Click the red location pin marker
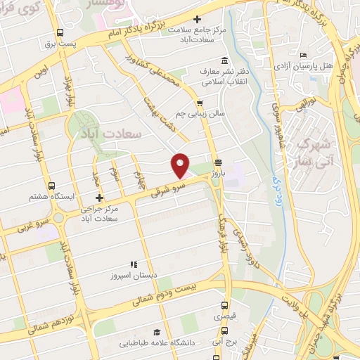tap(181, 165)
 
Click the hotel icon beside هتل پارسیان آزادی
tap(303, 56)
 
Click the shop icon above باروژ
tap(219, 160)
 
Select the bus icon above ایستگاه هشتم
tap(51, 186)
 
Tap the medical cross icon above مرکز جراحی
tap(99, 198)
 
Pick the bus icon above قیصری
tap(224, 306)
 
